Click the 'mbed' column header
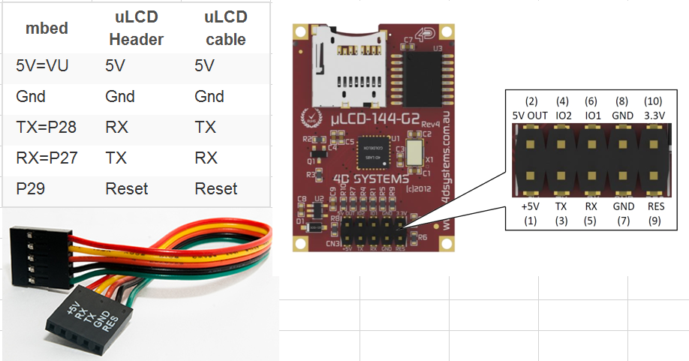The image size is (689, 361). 47,29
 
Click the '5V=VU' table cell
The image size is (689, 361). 42,65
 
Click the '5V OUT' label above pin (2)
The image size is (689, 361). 531,116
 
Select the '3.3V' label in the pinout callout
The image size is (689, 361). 654,116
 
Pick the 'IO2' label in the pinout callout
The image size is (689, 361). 563,116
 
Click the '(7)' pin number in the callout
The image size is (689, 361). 623,221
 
